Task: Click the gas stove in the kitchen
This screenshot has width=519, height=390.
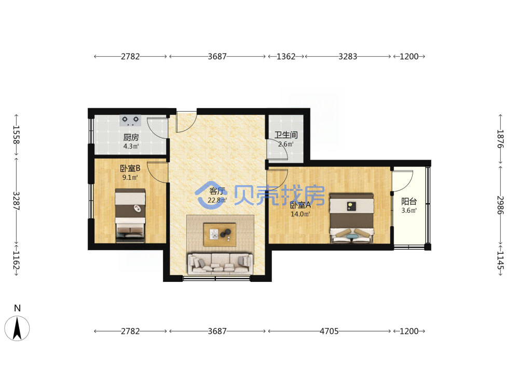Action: [130, 121]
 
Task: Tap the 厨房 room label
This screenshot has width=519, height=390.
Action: [131, 137]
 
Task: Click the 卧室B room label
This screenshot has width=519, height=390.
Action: [130, 168]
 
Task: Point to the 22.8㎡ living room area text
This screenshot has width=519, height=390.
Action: [217, 200]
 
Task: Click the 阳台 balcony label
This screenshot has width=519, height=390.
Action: [409, 201]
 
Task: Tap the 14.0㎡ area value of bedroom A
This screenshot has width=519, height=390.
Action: [300, 214]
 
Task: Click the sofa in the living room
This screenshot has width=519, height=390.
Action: [220, 263]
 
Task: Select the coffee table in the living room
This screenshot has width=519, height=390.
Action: [220, 235]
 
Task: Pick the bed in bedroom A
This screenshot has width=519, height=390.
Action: [351, 218]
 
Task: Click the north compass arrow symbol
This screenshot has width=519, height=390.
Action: [17, 328]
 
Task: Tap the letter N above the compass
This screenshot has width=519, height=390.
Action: [17, 308]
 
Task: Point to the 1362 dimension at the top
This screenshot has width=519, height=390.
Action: [285, 56]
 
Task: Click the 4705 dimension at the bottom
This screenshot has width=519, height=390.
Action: [329, 331]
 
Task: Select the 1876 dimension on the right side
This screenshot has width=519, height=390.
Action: [500, 139]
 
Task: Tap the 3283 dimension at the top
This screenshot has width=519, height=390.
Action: [348, 56]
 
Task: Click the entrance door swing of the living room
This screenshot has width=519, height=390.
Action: [186, 123]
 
